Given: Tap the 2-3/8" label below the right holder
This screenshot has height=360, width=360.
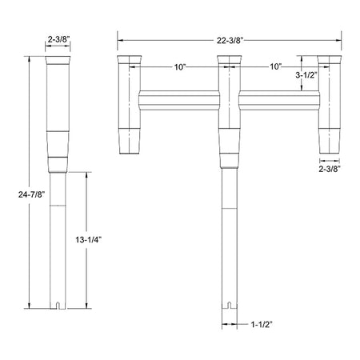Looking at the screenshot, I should click(x=330, y=169).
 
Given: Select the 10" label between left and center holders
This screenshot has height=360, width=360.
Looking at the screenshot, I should click(x=179, y=68).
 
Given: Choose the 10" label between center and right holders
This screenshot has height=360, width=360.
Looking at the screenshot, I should click(x=275, y=68).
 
